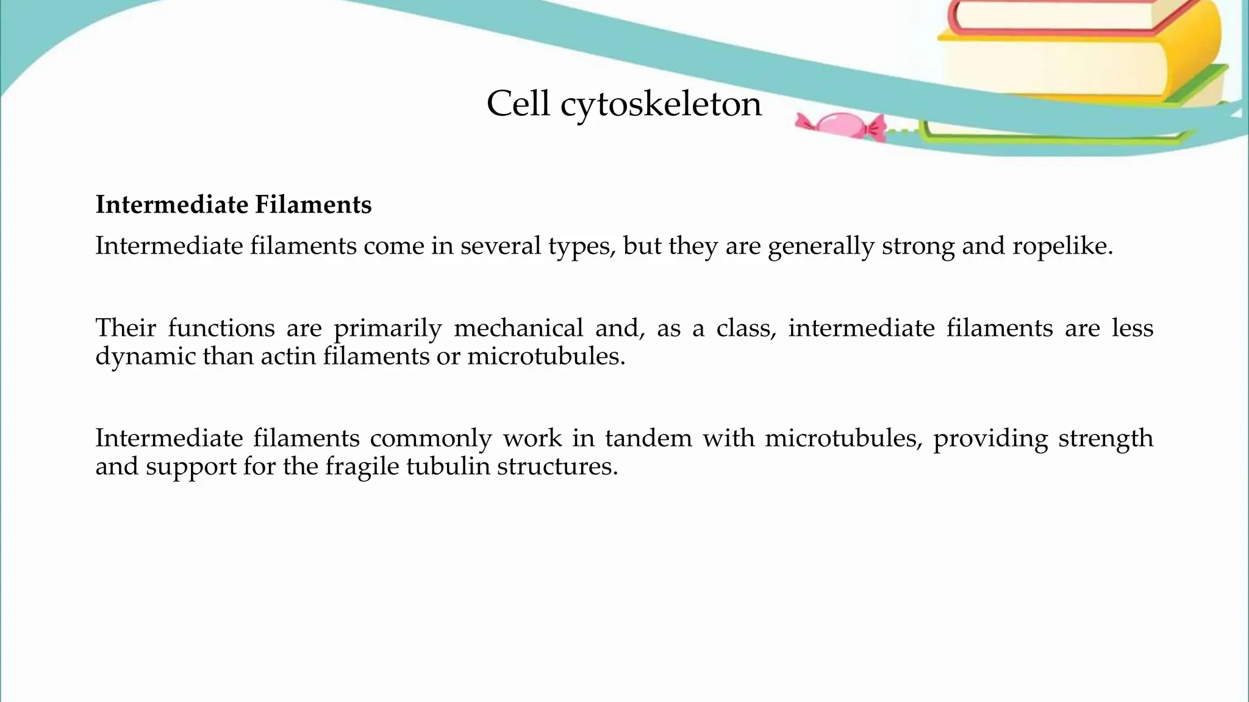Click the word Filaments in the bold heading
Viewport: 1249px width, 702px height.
pyautogui.click(x=313, y=205)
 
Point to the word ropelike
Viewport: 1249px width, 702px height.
pyautogui.click(x=1062, y=246)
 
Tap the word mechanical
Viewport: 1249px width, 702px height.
pyautogui.click(x=518, y=328)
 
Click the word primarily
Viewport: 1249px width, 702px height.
pyautogui.click(x=387, y=328)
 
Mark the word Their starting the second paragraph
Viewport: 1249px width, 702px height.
pyautogui.click(x=126, y=328)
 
